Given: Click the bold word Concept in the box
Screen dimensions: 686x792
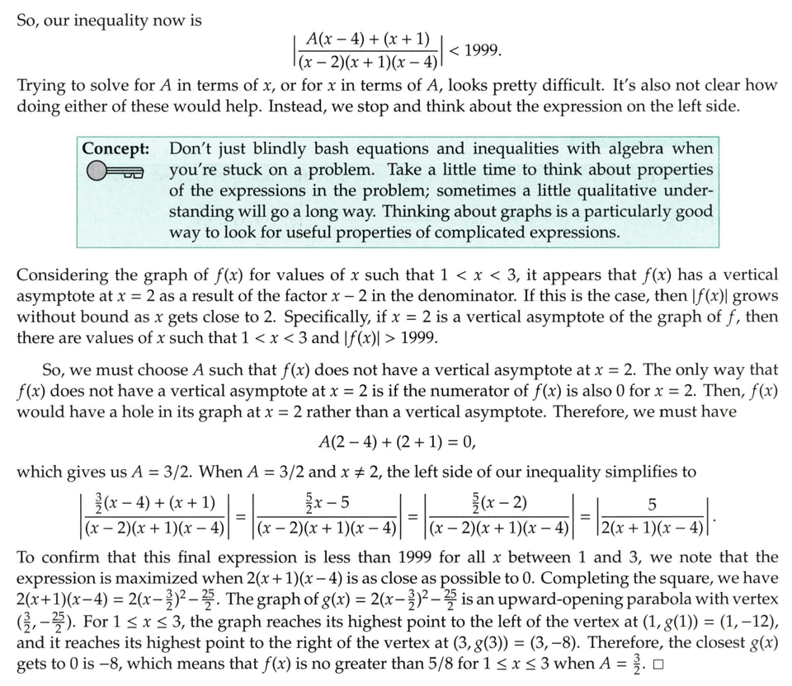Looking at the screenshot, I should [115, 149].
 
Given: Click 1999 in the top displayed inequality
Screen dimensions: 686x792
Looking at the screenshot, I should [482, 51].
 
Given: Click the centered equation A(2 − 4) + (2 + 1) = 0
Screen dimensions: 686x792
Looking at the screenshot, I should [397, 443].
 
